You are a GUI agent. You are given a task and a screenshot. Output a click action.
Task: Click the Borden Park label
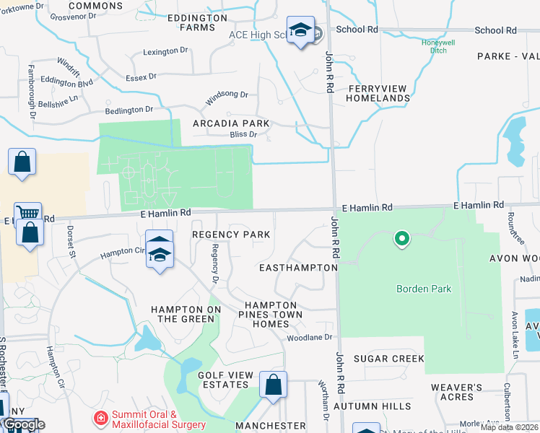(x=424, y=289)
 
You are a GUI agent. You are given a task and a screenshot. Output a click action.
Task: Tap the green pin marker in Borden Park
(x=401, y=237)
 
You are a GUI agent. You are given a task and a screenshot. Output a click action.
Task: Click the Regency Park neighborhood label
(x=231, y=235)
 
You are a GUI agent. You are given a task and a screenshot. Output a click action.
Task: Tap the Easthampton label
(x=298, y=268)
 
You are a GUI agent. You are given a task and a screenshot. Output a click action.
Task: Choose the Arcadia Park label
(x=231, y=123)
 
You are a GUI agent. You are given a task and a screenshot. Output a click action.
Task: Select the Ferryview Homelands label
(x=378, y=93)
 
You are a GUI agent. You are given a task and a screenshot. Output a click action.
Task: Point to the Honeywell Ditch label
(x=440, y=45)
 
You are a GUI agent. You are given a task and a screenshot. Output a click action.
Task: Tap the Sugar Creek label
(x=388, y=359)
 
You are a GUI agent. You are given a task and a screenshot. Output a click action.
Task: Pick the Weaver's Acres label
(x=456, y=392)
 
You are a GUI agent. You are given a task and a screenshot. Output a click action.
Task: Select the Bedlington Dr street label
(x=129, y=110)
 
